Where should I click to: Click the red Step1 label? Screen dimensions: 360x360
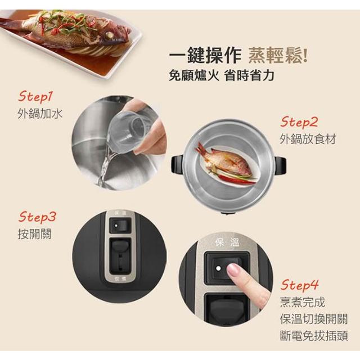click(35, 96)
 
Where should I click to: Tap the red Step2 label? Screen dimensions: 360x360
click(299, 122)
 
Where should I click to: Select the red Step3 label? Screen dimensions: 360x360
click(37, 217)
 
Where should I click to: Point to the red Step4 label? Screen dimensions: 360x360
click(299, 285)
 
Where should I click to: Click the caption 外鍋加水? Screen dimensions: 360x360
click(40, 114)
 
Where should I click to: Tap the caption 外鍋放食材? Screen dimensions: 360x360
click(308, 139)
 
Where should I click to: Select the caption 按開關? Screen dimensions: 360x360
click(34, 234)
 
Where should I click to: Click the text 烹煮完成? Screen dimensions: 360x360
click(303, 302)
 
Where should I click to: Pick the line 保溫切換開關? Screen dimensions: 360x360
click(314, 319)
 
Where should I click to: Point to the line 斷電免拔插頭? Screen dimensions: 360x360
click(314, 336)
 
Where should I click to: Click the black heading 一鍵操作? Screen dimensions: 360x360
click(205, 55)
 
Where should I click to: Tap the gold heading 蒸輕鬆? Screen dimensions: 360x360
click(278, 55)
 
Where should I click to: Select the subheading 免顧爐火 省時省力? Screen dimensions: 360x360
click(221, 75)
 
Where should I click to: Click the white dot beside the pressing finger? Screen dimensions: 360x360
click(218, 268)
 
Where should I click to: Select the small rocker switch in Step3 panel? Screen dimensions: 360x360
click(120, 226)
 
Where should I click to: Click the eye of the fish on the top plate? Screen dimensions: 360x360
click(110, 35)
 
